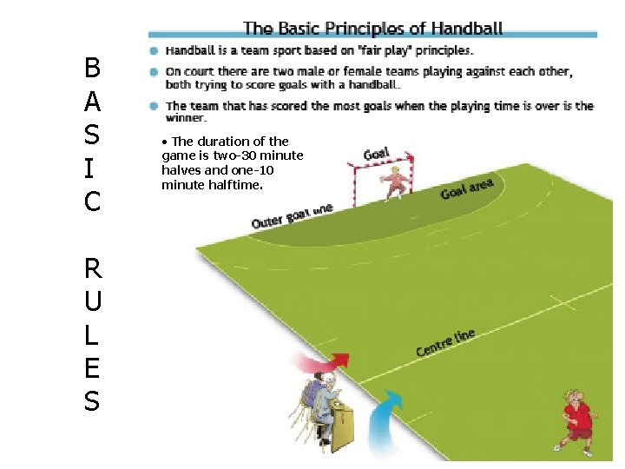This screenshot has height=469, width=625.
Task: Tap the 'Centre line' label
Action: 445,342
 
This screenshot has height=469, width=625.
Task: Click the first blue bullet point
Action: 153,50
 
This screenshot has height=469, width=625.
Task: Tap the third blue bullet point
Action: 153,106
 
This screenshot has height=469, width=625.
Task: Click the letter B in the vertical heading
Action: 92,67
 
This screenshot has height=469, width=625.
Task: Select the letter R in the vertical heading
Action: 92,267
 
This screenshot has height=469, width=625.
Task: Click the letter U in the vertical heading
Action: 92,301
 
